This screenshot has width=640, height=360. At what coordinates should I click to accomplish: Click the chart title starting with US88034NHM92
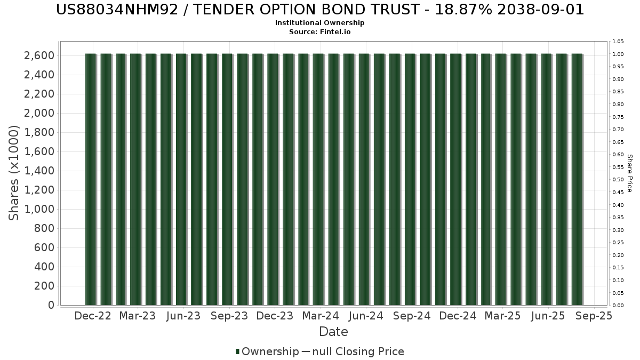click(x=319, y=10)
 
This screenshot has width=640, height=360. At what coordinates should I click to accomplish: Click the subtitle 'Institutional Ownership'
click(x=319, y=23)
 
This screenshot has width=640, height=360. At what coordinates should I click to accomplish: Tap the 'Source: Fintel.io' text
click(x=319, y=31)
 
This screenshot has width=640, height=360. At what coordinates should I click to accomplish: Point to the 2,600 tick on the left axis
click(x=39, y=55)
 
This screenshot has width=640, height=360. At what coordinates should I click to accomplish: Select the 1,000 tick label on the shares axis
click(x=39, y=209)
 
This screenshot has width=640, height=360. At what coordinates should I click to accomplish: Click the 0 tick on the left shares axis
click(x=51, y=305)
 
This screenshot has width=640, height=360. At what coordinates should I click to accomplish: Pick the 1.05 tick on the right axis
click(x=618, y=42)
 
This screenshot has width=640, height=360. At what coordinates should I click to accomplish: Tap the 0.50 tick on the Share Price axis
click(x=618, y=180)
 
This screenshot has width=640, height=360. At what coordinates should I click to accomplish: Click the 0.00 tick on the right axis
click(x=618, y=306)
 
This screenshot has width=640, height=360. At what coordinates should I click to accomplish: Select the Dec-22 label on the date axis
click(x=93, y=316)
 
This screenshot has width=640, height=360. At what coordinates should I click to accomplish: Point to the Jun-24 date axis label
click(x=366, y=316)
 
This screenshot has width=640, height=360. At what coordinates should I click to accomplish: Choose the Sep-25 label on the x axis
click(x=594, y=316)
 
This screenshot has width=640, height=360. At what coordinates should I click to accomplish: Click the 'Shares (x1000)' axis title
click(x=13, y=173)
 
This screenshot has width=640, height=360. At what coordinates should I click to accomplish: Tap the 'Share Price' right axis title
click(x=630, y=173)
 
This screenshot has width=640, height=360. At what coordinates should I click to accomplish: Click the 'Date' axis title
click(x=333, y=332)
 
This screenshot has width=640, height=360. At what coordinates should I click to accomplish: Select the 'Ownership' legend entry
click(x=267, y=351)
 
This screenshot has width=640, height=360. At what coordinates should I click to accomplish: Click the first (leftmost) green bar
click(x=91, y=179)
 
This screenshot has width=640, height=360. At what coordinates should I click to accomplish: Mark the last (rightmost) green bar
click(x=577, y=179)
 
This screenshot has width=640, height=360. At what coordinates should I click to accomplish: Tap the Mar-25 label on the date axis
click(x=502, y=316)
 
